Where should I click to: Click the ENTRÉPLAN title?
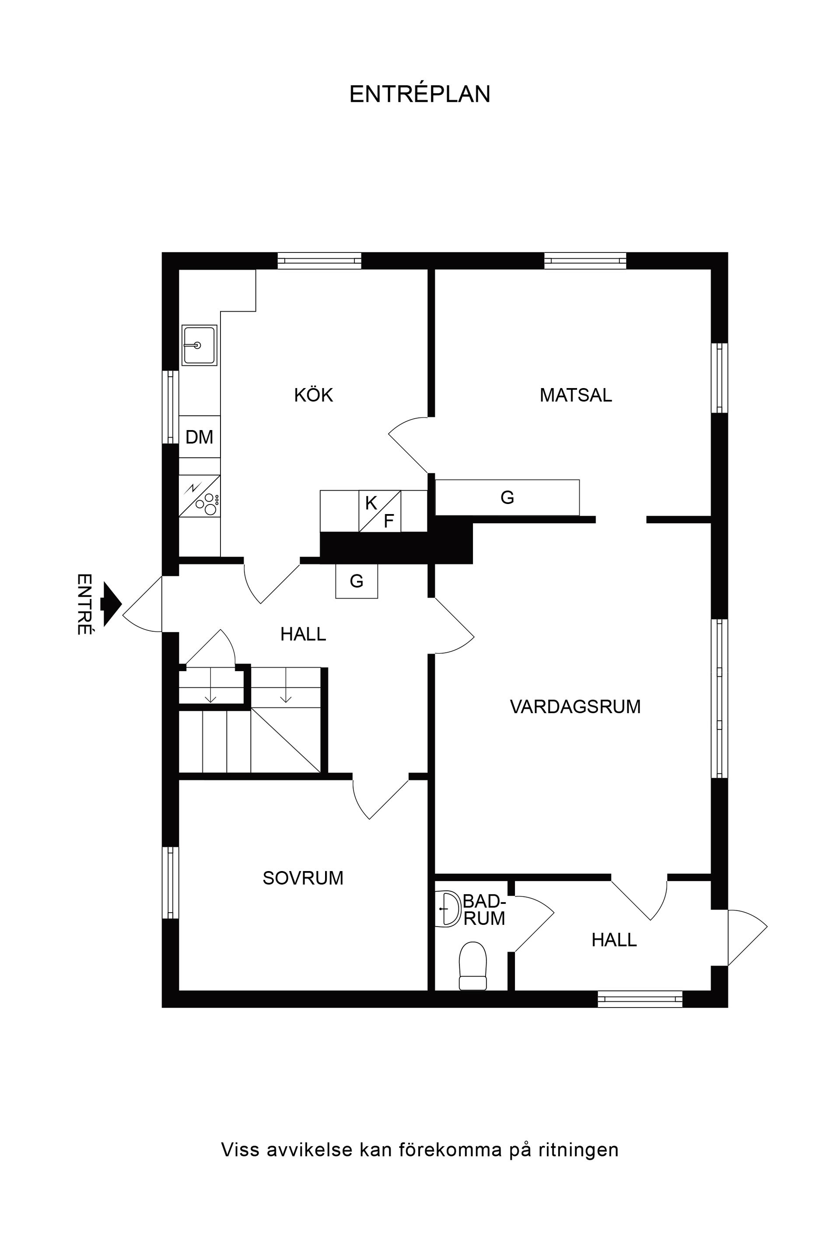point(420,94)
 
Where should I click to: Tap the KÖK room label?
point(313,395)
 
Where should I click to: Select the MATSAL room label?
point(575,395)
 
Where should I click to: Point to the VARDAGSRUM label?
point(575,707)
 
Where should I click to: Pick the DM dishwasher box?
point(199,437)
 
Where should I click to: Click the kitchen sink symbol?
point(199,346)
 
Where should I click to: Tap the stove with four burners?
point(199,496)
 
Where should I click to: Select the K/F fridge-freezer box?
point(380,511)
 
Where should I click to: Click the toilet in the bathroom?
point(472,966)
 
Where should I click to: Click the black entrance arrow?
point(111,604)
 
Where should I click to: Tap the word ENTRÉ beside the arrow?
point(84,604)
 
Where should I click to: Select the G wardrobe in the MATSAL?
point(507,498)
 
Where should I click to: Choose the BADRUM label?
point(484,910)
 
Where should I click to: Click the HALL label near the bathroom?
point(614,940)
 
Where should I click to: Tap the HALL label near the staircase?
point(303,634)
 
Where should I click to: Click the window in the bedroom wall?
point(170,882)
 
